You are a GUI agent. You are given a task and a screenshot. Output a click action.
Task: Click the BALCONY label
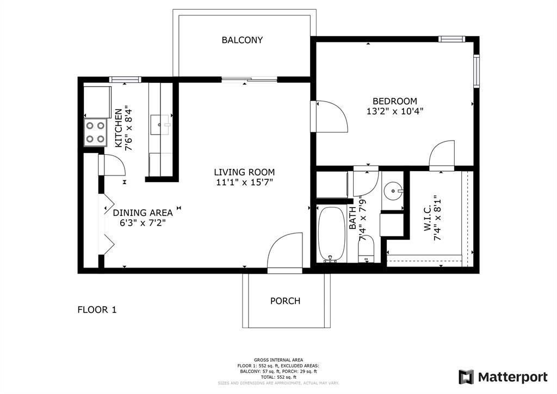point(242,40)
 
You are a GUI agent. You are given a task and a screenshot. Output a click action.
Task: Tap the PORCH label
point(285,301)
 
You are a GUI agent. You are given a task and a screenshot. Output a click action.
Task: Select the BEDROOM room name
point(394,101)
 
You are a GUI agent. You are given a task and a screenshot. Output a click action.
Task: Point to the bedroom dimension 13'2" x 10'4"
point(394,111)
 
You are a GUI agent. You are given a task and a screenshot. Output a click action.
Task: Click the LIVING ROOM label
point(244,172)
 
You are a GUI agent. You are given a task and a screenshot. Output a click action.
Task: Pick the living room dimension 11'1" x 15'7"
point(244,182)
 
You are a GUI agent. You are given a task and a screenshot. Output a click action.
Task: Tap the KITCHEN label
point(118,128)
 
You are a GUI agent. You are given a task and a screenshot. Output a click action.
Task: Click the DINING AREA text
point(143,213)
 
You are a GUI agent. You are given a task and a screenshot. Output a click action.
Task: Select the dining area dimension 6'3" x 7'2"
point(143,222)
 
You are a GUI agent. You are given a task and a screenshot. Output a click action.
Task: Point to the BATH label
point(352,217)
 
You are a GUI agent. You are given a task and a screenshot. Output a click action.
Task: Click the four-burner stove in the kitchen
point(95,132)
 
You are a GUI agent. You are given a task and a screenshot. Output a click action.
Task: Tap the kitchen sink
point(162,125)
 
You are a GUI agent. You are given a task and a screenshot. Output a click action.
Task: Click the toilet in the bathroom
point(366,249)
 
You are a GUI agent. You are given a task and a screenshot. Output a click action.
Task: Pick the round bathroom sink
point(392,191)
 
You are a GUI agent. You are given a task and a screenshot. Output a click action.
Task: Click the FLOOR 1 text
point(97,310)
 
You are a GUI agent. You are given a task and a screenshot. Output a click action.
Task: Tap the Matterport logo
point(503,377)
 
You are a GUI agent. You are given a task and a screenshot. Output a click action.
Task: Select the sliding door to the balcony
point(249,80)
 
